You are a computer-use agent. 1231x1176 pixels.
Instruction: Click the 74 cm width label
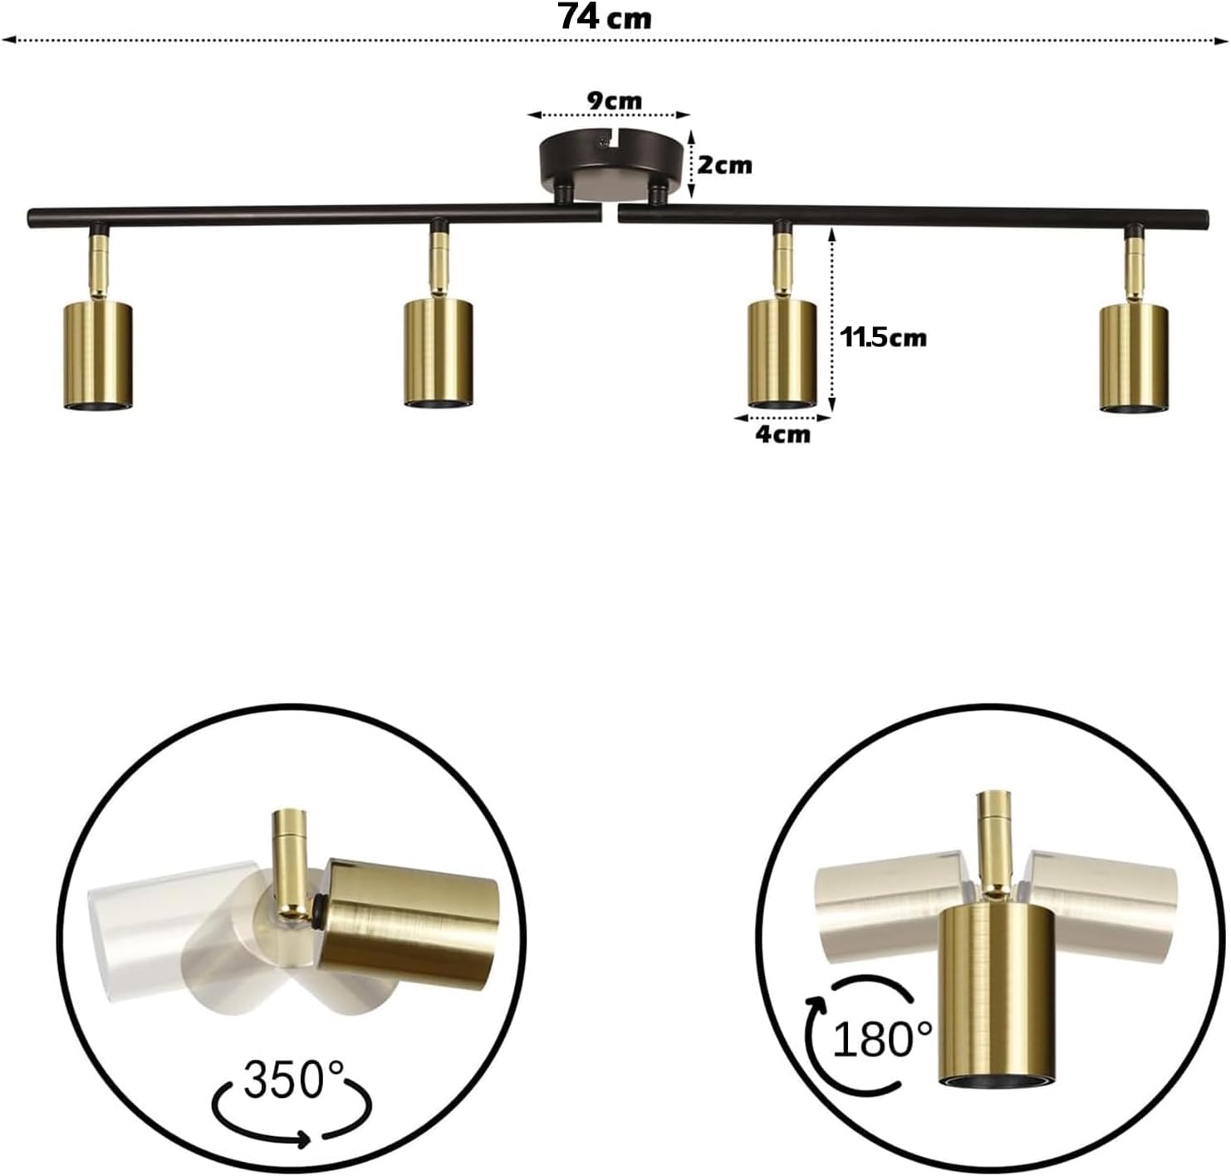click(x=606, y=17)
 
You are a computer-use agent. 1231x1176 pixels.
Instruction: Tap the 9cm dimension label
click(x=614, y=100)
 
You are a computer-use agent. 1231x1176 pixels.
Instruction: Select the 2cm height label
click(x=725, y=165)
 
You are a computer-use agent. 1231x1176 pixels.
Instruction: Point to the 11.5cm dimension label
click(x=883, y=338)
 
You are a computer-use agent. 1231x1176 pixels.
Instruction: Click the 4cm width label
click(x=783, y=434)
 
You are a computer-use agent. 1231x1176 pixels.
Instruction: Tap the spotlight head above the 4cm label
click(x=782, y=355)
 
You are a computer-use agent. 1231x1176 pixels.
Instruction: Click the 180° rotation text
click(x=882, y=1039)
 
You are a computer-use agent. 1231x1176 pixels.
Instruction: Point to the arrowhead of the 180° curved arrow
click(x=816, y=1007)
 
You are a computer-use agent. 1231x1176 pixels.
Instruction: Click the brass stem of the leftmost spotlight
click(x=98, y=266)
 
